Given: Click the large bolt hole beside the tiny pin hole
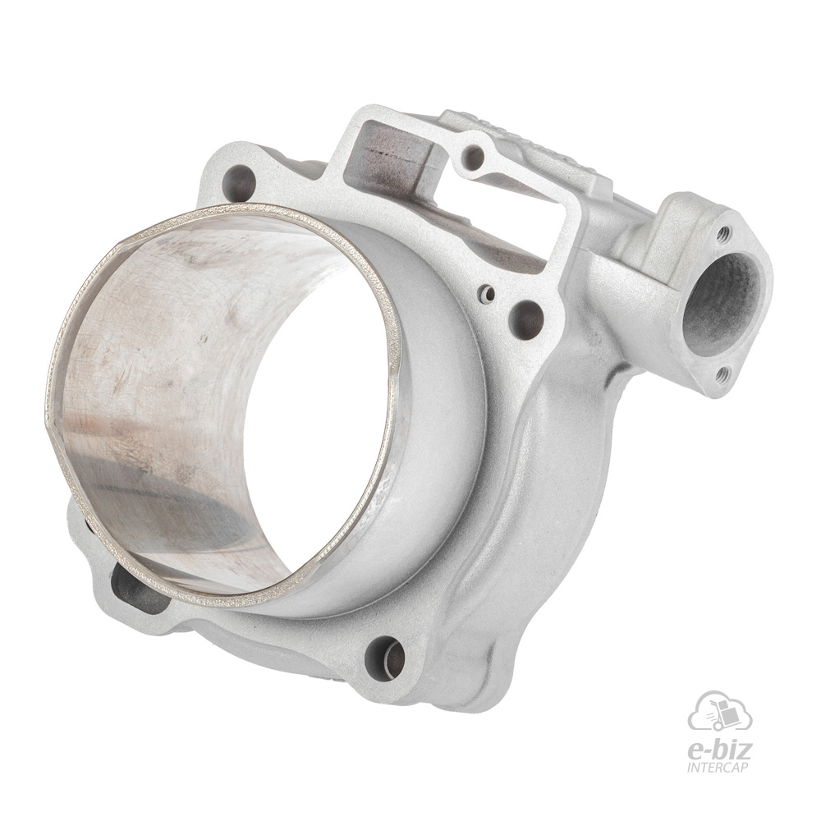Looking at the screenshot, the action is (x=525, y=318).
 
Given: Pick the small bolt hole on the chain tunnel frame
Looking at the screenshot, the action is (x=474, y=155).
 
